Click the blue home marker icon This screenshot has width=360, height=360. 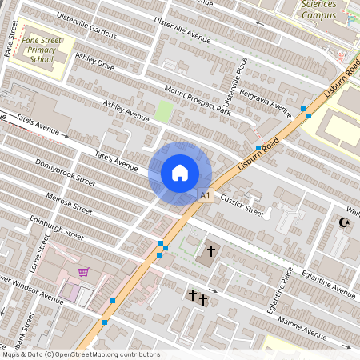click(180, 173)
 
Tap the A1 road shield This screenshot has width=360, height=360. click(205, 195)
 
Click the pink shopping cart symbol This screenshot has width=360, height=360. click(83, 272)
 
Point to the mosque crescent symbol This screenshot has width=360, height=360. click(345, 222)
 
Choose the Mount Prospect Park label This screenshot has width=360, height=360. click(198, 101)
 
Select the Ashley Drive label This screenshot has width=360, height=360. click(94, 62)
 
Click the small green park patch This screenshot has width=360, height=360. click(164, 111)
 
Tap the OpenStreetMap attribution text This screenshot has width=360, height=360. click(80, 354)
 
